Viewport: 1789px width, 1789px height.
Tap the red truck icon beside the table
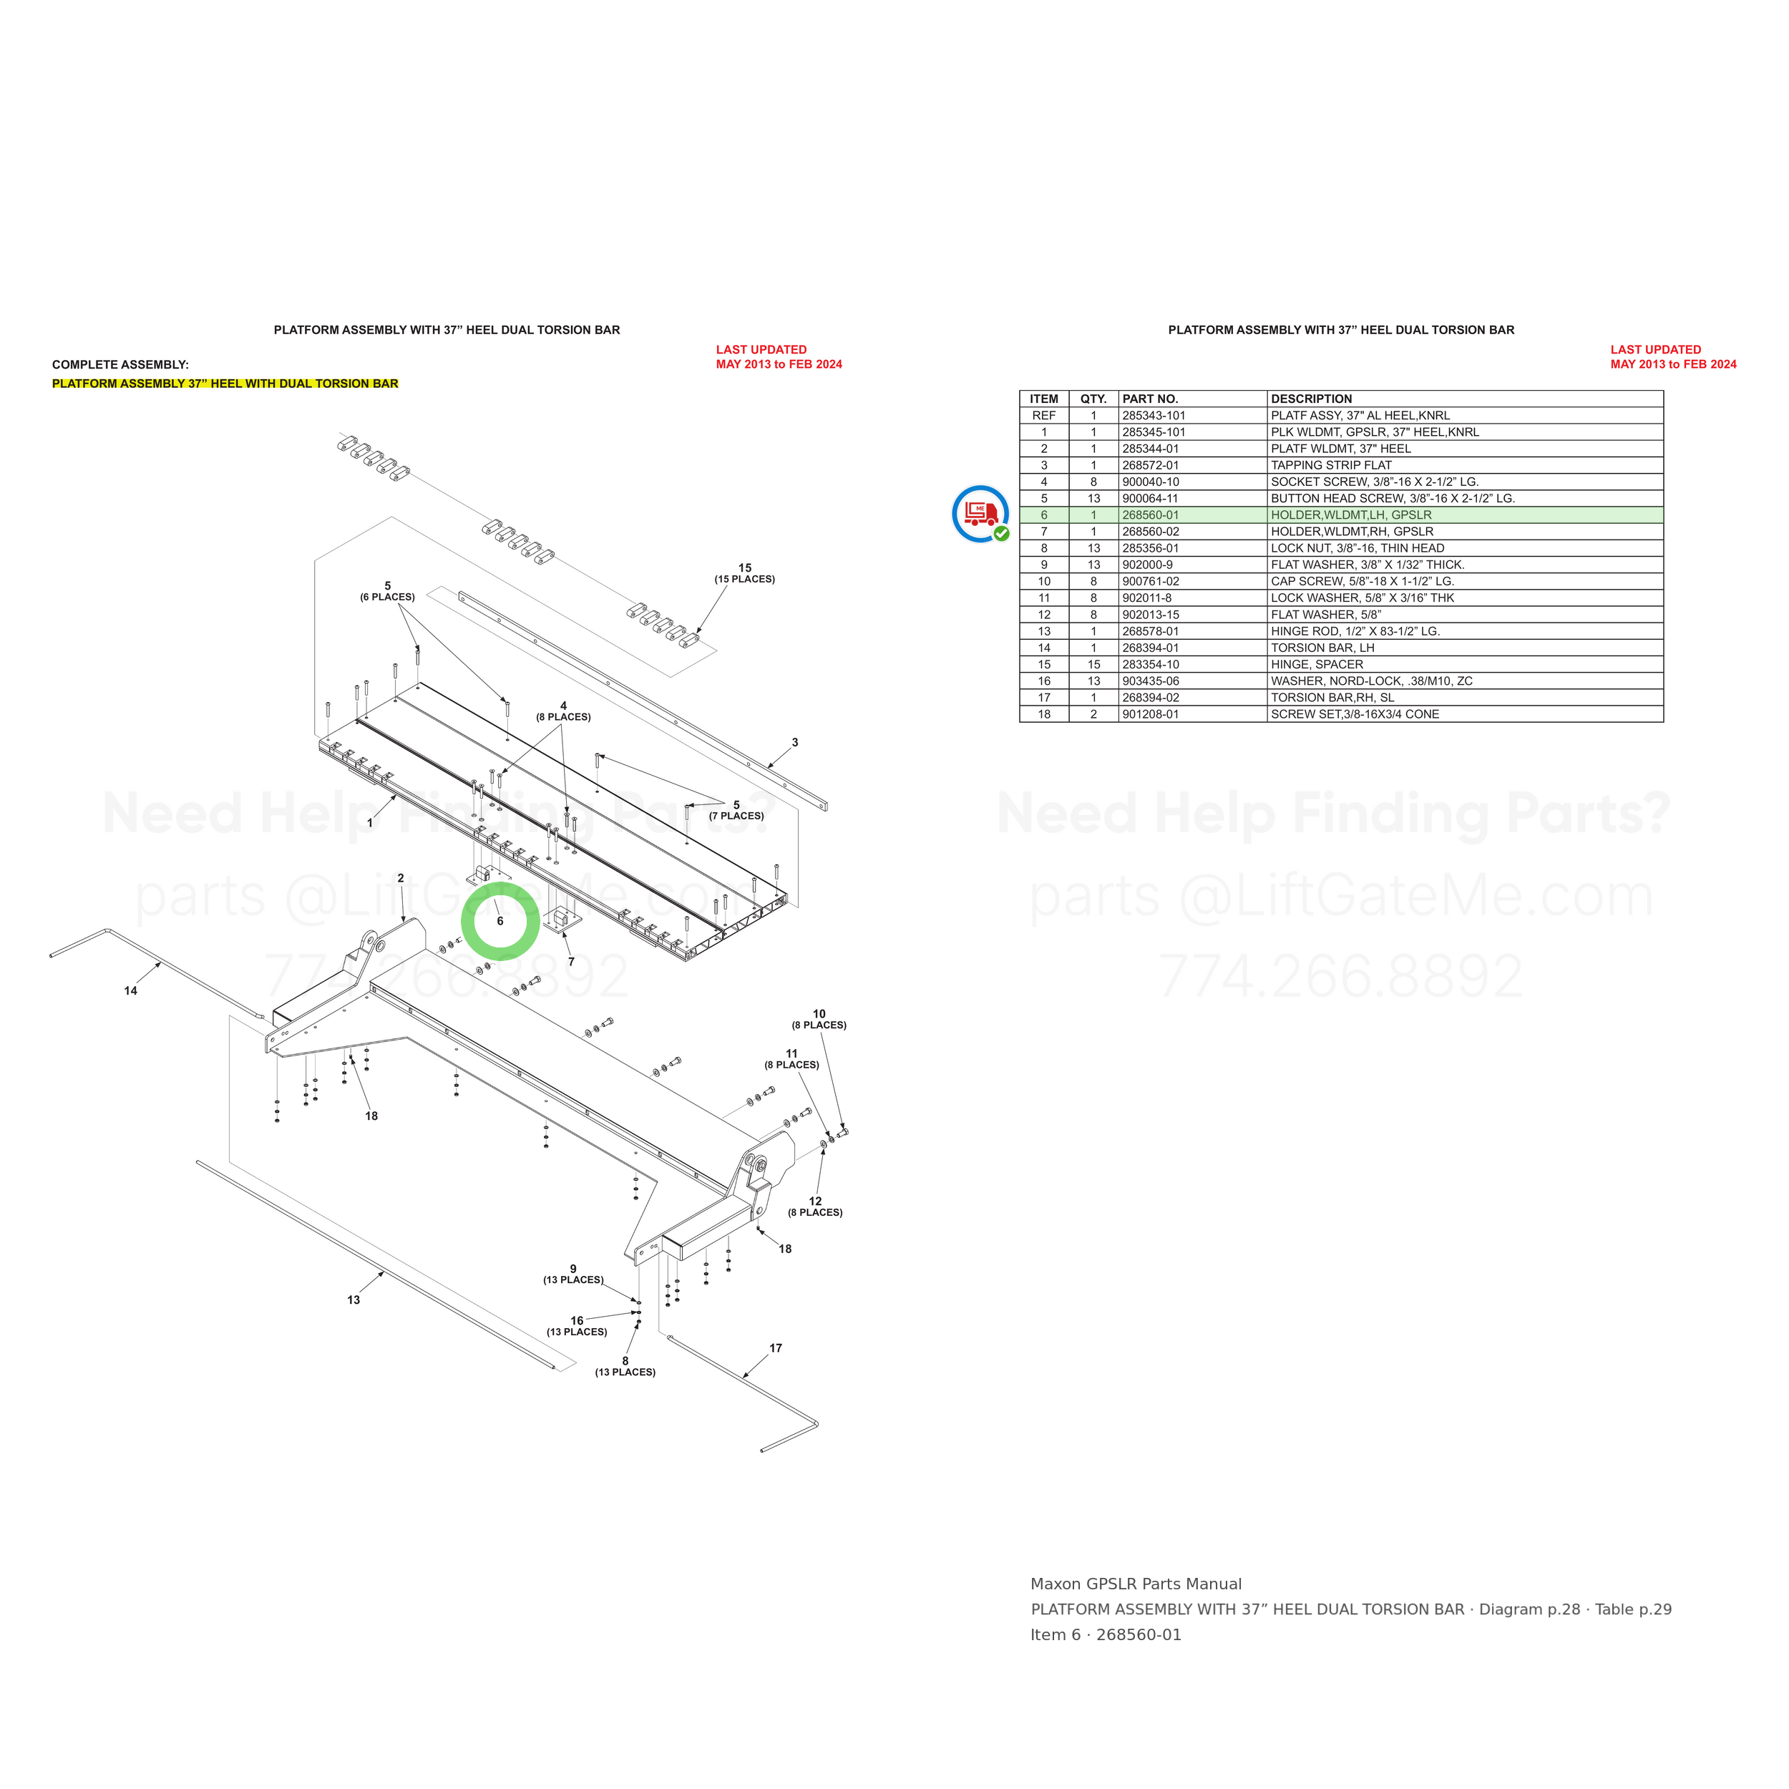click(x=980, y=513)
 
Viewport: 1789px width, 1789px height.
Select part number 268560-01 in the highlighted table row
click(x=1150, y=515)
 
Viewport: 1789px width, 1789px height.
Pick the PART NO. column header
click(x=1150, y=399)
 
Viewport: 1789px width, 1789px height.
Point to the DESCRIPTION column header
click(x=1311, y=399)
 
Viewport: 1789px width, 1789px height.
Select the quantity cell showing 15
click(x=1093, y=665)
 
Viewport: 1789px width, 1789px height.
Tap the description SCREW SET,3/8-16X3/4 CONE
click(x=1355, y=715)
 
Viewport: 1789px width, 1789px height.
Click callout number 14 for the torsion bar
click(x=130, y=991)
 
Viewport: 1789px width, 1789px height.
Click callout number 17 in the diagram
click(x=776, y=1348)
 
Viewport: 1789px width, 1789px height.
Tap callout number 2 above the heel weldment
click(x=401, y=878)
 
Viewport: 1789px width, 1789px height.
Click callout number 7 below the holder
click(x=571, y=962)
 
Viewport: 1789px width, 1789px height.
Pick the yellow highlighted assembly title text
click(x=225, y=384)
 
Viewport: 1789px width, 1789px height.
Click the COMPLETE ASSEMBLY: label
click(x=120, y=365)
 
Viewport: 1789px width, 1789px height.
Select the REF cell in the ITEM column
click(x=1043, y=416)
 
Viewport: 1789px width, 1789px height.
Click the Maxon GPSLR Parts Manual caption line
click(x=1136, y=1584)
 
